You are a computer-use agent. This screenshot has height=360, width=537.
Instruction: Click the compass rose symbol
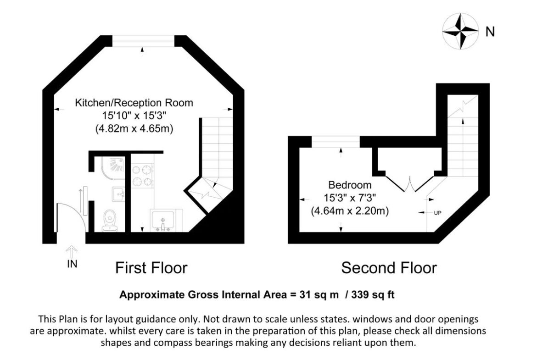pyautogui.click(x=460, y=31)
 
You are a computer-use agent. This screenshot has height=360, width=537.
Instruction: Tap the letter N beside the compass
pyautogui.click(x=490, y=32)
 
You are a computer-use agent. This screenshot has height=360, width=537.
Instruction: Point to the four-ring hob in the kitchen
pyautogui.click(x=142, y=176)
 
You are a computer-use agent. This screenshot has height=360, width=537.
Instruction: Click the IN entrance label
pyautogui.click(x=72, y=264)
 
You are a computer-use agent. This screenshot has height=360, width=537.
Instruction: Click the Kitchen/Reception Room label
pyautogui.click(x=134, y=103)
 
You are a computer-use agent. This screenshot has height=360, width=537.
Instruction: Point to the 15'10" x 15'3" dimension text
pyautogui.click(x=134, y=115)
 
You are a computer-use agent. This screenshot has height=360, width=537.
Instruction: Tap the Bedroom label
pyautogui.click(x=350, y=185)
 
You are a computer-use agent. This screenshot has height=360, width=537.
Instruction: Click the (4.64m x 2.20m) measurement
pyautogui.click(x=350, y=211)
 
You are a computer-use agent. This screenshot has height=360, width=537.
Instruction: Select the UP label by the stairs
pyautogui.click(x=437, y=213)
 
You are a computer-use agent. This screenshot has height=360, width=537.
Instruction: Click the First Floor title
pyautogui.click(x=151, y=268)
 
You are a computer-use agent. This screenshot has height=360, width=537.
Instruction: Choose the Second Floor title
pyautogui.click(x=389, y=268)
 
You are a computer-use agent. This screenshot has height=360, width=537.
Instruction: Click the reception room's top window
pyautogui.click(x=144, y=41)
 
